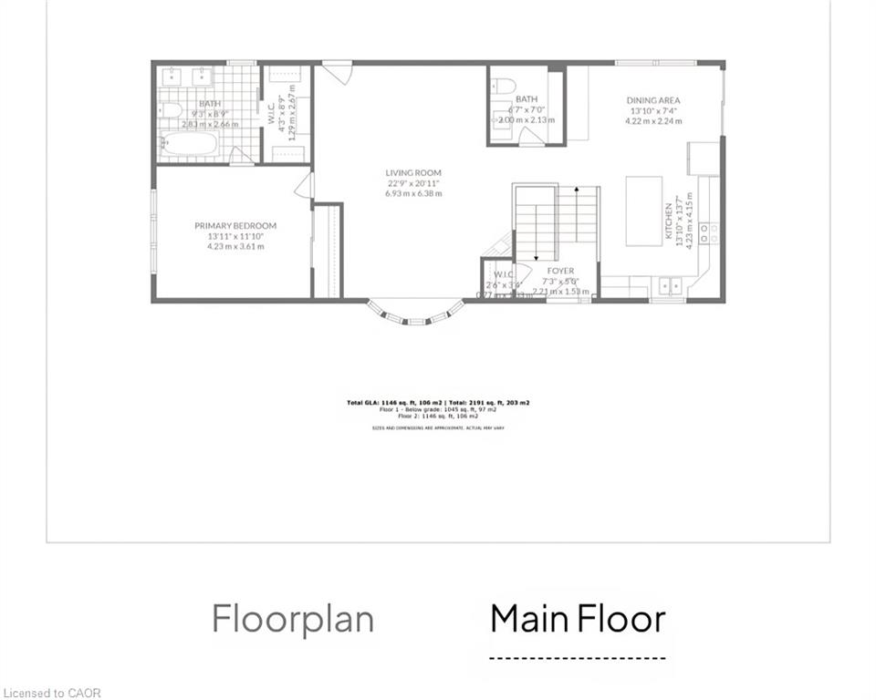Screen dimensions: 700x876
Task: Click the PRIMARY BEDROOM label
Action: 235,226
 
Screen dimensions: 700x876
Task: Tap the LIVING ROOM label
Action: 413,172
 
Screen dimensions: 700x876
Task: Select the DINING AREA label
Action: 652,100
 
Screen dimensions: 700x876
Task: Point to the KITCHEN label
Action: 669,222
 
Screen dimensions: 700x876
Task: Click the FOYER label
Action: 560,271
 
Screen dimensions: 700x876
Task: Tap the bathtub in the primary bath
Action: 190,144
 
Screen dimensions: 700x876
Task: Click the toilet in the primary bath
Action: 171,110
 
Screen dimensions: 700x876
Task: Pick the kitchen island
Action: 643,211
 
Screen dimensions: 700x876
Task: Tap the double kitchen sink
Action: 673,285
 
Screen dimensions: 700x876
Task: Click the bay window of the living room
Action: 415,314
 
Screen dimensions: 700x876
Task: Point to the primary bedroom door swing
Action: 304,186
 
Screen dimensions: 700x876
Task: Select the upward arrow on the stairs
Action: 576,214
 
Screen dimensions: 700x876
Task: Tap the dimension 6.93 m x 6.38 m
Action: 413,193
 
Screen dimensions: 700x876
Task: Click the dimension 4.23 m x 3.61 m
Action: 235,246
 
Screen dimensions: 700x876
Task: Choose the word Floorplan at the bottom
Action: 293,619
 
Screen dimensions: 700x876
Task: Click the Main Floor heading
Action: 578,619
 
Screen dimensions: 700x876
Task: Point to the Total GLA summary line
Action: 438,402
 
